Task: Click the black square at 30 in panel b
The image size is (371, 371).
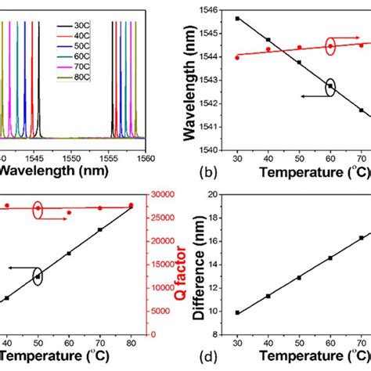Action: click(x=237, y=18)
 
